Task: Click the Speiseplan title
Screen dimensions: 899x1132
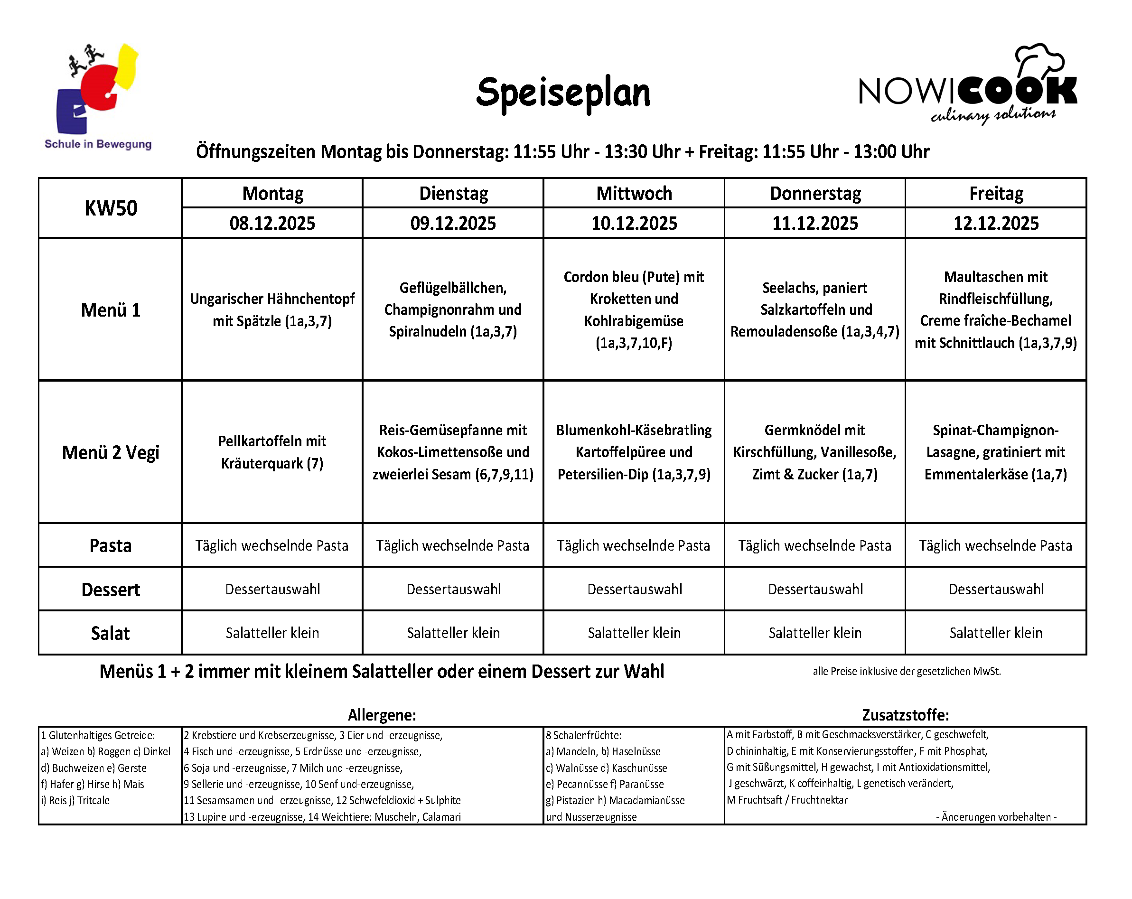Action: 563,93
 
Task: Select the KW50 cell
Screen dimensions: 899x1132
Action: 111,208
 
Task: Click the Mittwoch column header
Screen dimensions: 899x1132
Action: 634,193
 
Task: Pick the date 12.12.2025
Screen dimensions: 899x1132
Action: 995,223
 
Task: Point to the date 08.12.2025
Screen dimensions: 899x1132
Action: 272,223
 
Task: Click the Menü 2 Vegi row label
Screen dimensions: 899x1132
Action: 111,452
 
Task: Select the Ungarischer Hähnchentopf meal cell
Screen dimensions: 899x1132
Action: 272,309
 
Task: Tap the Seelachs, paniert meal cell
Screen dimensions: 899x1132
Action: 814,309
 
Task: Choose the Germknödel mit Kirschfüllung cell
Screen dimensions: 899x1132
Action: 814,452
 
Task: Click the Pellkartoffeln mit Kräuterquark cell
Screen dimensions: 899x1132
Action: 272,452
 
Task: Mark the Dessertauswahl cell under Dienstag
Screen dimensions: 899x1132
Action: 453,589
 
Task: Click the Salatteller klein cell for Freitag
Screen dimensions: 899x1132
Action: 995,633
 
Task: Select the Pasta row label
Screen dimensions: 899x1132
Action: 111,545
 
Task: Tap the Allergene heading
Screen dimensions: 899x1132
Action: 382,715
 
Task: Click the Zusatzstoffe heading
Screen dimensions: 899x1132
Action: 905,715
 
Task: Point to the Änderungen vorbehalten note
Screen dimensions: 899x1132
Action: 995,816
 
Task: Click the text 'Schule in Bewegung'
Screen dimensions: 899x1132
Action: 98,144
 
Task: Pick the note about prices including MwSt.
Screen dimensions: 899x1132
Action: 906,671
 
